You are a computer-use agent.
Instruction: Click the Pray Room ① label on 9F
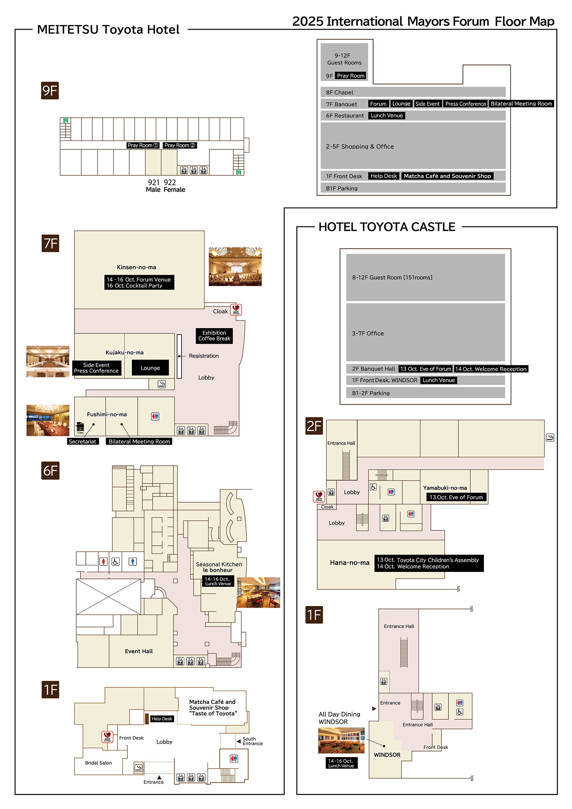pyautogui.click(x=143, y=145)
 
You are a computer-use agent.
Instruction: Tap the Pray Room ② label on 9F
pyautogui.click(x=180, y=145)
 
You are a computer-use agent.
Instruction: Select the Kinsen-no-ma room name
pyautogui.click(x=137, y=267)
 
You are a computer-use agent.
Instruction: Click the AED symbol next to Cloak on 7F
pyautogui.click(x=236, y=309)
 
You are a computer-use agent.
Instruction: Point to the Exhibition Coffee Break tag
pyautogui.click(x=214, y=336)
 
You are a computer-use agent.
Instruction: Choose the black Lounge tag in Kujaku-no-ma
pyautogui.click(x=150, y=368)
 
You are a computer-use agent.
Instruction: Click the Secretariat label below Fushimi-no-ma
pyautogui.click(x=82, y=441)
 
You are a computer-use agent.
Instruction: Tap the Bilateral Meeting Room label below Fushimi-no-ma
pyautogui.click(x=139, y=441)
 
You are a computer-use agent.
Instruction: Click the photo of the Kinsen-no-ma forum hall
pyautogui.click(x=235, y=266)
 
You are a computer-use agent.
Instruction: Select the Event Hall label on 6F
pyautogui.click(x=139, y=651)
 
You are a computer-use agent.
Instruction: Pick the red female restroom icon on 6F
pyautogui.click(x=103, y=561)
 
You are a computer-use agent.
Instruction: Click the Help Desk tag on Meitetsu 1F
pyautogui.click(x=162, y=719)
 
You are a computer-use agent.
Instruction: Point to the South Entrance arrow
pyautogui.click(x=239, y=741)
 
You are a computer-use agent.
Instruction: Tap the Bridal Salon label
pyautogui.click(x=98, y=763)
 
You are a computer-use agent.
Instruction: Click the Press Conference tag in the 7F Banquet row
pyautogui.click(x=466, y=104)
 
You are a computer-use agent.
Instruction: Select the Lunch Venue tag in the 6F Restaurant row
pyautogui.click(x=387, y=115)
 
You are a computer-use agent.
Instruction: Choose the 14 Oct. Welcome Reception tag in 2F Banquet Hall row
pyautogui.click(x=491, y=369)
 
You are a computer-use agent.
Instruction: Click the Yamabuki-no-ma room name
pyautogui.click(x=445, y=488)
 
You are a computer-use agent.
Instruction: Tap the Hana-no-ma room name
pyautogui.click(x=350, y=562)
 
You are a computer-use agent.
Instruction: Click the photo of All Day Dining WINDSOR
pyautogui.click(x=341, y=740)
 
